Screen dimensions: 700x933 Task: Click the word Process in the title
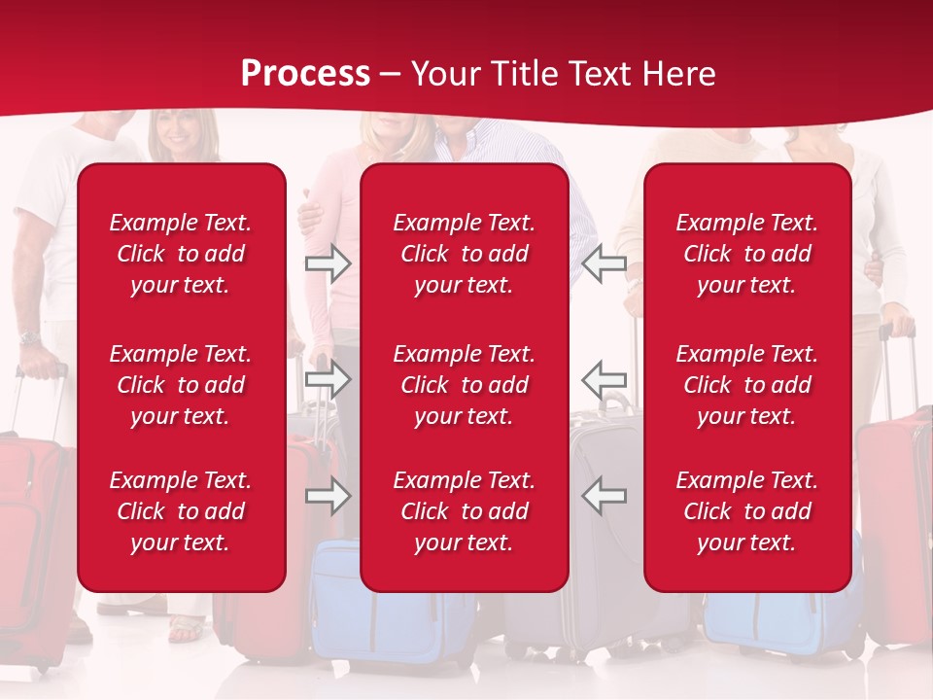point(305,74)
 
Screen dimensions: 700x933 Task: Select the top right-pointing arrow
point(328,263)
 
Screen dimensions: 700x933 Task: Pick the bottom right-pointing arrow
point(328,496)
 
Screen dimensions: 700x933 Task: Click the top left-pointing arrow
point(604,263)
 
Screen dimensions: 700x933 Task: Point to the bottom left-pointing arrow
point(604,496)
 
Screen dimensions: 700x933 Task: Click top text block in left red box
point(181,254)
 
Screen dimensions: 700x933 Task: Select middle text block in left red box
point(181,385)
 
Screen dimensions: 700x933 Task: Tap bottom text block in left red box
point(181,511)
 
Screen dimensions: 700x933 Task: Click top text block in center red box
point(464,254)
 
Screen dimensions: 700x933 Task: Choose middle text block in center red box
point(464,385)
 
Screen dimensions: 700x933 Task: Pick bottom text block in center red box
point(464,511)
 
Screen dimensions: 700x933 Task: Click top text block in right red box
point(746,254)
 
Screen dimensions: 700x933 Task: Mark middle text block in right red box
point(746,385)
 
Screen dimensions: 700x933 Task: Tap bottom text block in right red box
point(746,511)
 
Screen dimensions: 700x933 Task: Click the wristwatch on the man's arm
point(29,338)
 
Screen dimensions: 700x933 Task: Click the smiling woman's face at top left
point(179,130)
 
